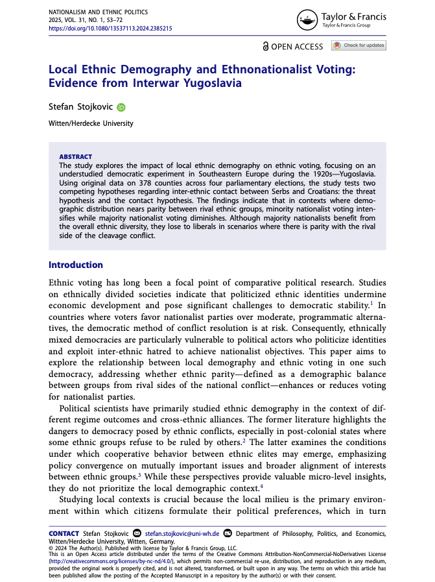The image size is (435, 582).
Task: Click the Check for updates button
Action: (359, 45)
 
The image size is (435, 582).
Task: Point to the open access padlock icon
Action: (266, 46)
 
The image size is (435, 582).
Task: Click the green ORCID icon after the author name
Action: (121, 107)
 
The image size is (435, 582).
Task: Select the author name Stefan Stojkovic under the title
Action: (81, 107)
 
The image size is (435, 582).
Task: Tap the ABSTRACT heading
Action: (75, 157)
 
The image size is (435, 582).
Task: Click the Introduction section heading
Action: (76, 265)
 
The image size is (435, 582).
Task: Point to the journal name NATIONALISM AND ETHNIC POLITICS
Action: (98, 12)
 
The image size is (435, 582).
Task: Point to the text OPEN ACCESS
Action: (297, 46)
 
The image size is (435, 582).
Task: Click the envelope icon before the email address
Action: (137, 533)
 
